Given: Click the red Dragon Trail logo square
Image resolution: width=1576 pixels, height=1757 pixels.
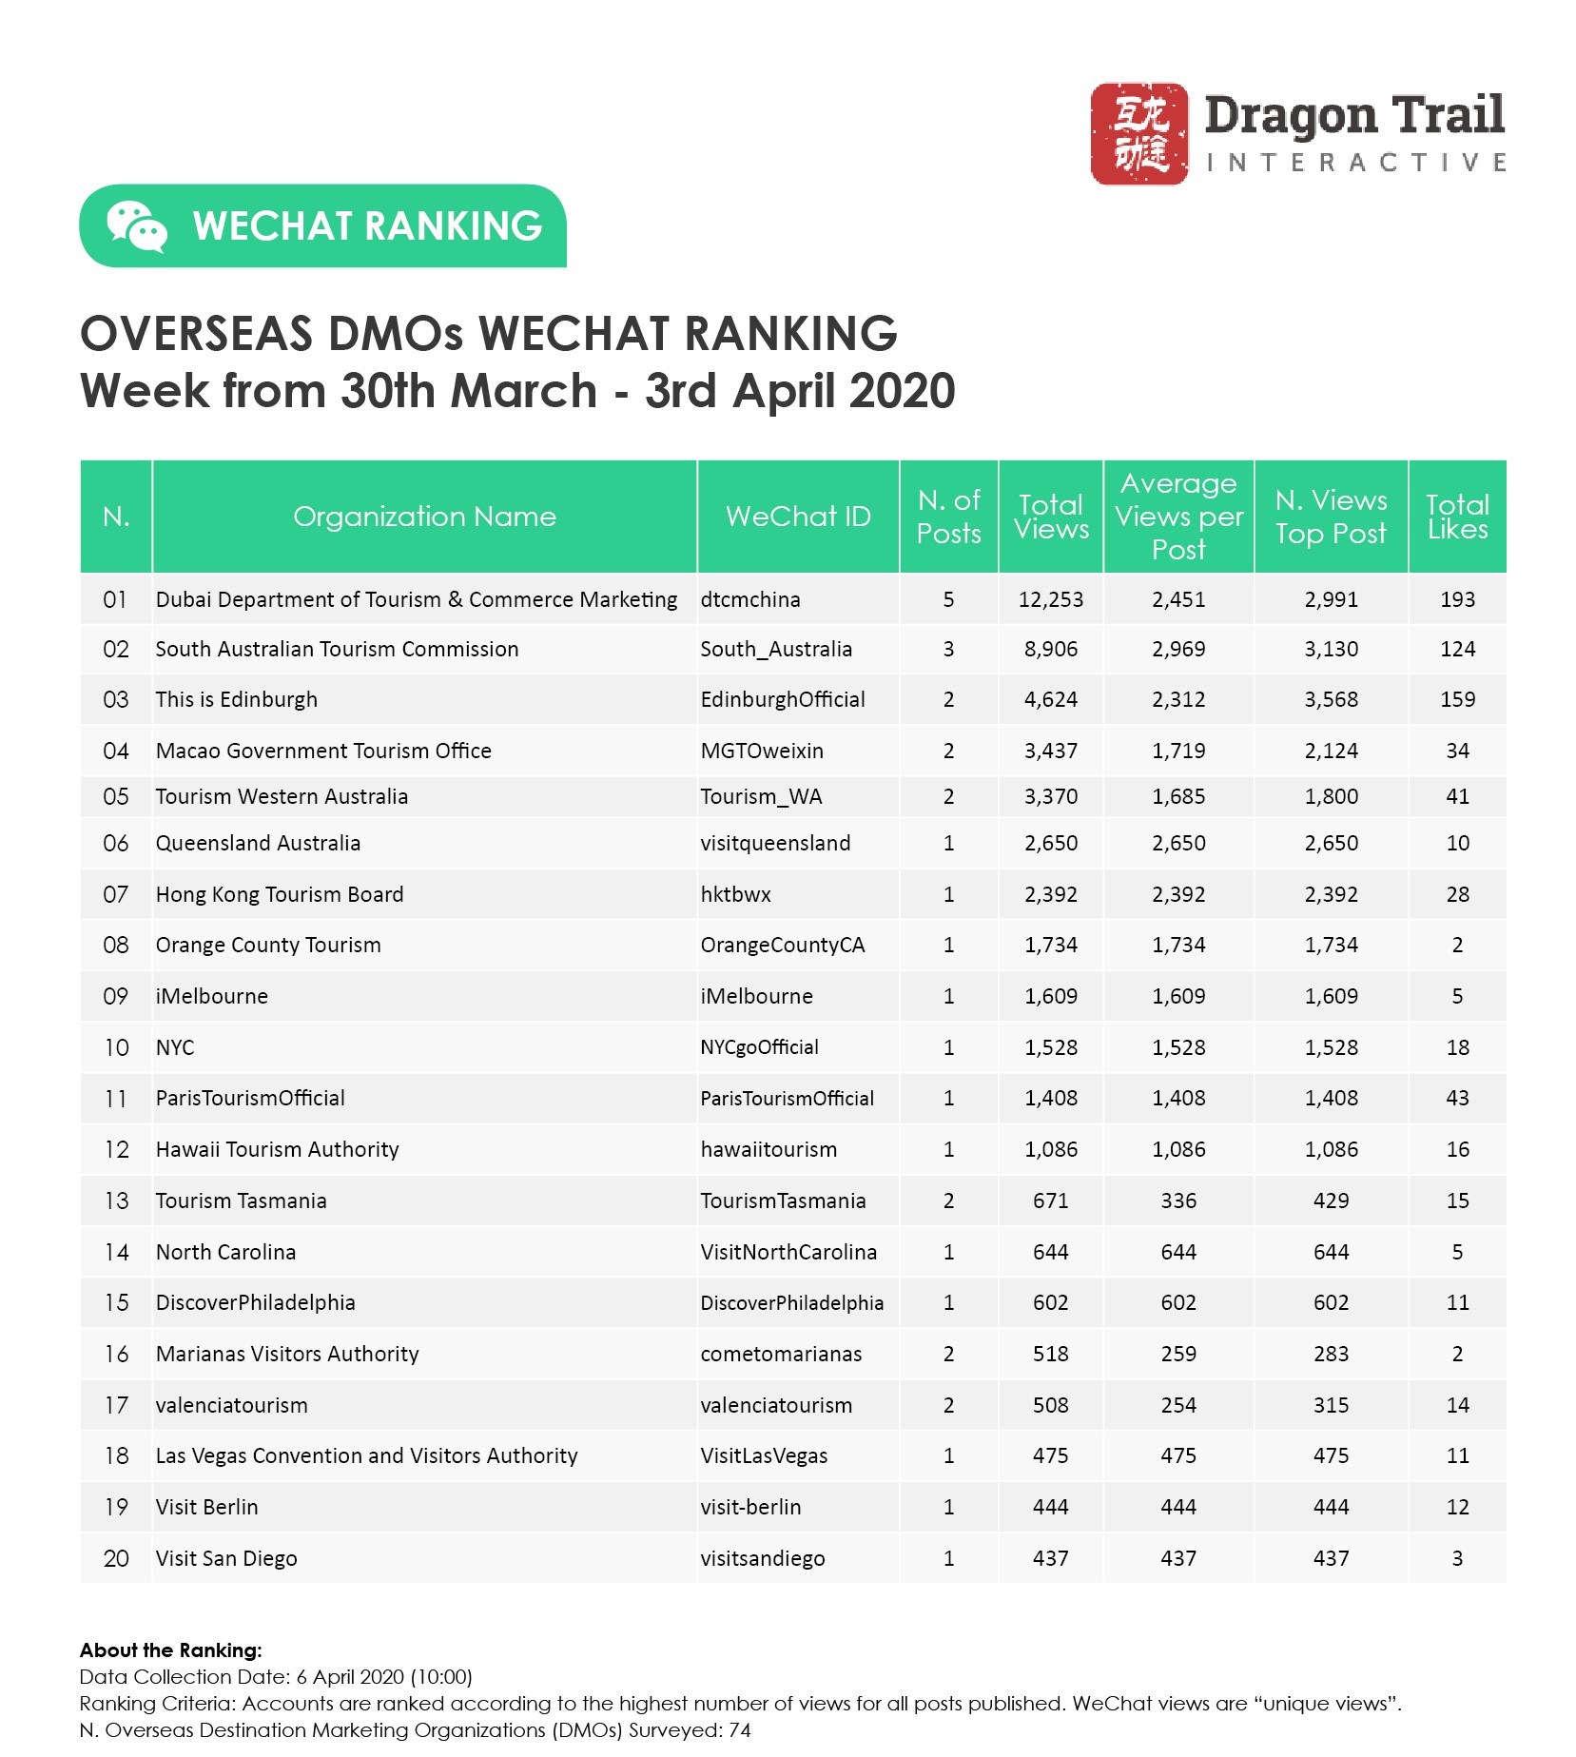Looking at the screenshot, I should (1138, 133).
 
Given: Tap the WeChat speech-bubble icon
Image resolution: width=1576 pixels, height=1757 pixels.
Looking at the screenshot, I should (136, 226).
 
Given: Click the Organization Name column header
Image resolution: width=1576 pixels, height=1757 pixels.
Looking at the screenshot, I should (424, 517).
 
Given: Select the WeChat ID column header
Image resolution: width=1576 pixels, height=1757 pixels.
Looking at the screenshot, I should (798, 517).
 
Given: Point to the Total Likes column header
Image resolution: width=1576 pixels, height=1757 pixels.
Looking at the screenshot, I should (1457, 517).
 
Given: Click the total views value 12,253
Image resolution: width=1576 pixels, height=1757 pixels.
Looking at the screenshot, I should (1051, 600).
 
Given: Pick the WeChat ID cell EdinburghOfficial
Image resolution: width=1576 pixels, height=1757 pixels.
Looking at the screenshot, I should (783, 700).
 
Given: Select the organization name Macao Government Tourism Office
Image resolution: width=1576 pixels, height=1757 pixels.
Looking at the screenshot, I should (323, 752).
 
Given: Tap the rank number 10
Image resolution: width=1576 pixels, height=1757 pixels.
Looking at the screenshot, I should (116, 1048).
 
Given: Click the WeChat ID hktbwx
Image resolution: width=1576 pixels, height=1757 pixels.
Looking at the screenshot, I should (735, 895).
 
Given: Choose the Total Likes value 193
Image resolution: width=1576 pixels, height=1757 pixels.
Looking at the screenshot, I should (1457, 600).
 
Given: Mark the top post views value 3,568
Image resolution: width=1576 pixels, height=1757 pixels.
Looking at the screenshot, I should (1331, 700).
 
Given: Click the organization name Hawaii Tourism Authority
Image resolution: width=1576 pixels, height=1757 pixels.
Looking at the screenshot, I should (277, 1150).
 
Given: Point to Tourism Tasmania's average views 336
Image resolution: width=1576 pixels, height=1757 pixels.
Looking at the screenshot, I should (1178, 1201).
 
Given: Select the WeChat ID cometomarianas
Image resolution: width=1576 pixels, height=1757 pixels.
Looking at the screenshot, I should (781, 1355).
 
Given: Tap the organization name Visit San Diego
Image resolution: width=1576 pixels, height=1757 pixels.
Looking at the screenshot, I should (226, 1559).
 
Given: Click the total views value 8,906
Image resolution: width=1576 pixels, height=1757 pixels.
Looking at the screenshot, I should (1051, 650).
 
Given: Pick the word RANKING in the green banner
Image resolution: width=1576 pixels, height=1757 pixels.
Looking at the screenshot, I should (454, 226).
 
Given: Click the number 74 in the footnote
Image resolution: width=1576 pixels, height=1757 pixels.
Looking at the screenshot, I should (739, 1730).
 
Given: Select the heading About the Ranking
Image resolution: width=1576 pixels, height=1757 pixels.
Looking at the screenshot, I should (170, 1650).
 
